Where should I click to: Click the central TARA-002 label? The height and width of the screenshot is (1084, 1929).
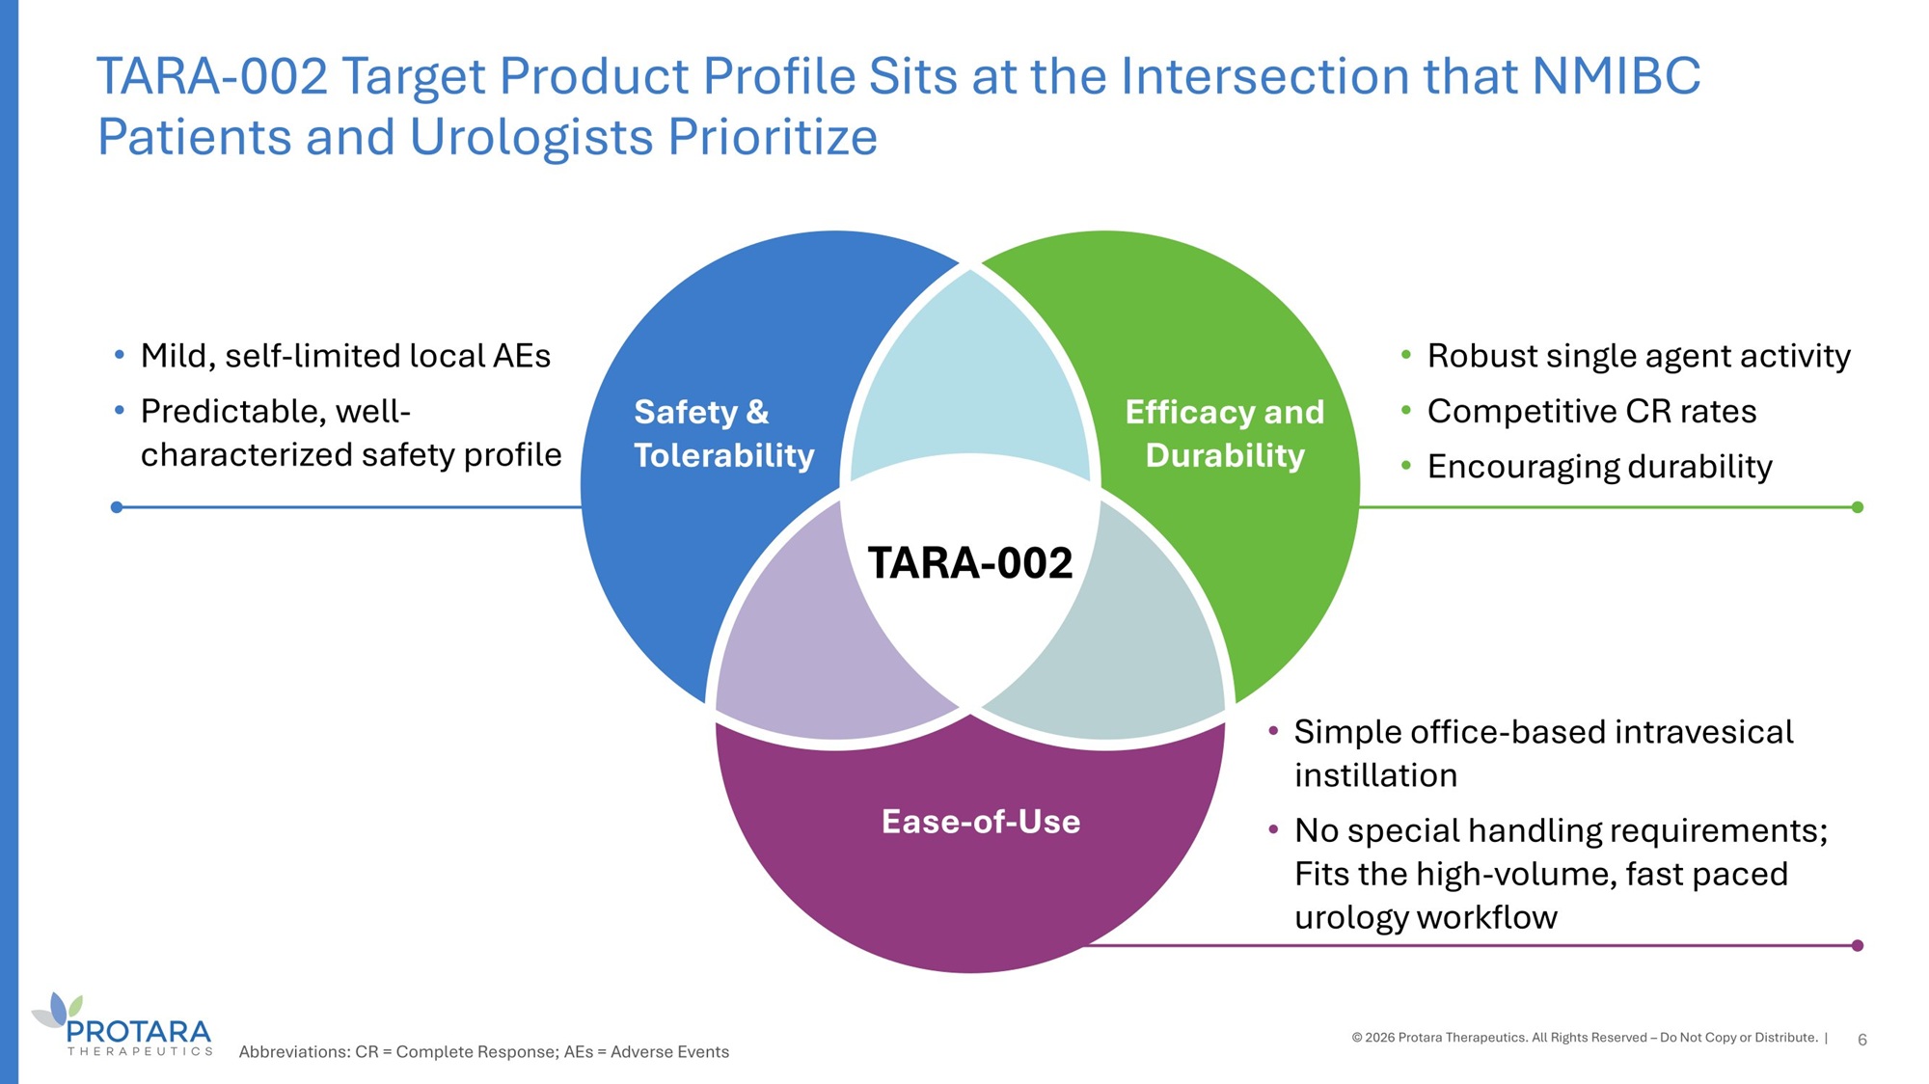click(x=970, y=563)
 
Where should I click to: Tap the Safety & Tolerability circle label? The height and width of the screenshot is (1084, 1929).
click(x=724, y=433)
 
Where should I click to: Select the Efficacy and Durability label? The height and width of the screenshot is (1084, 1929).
click(x=1225, y=433)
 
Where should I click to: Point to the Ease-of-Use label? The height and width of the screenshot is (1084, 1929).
click(x=981, y=822)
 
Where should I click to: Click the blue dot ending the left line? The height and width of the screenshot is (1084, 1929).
click(x=117, y=507)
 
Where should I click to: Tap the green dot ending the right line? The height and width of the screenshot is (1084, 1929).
click(x=1858, y=507)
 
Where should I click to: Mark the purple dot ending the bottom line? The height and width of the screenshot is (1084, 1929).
click(x=1858, y=946)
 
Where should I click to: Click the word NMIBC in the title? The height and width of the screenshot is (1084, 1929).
click(x=1617, y=76)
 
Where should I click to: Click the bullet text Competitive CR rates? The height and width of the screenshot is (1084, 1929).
click(x=1591, y=412)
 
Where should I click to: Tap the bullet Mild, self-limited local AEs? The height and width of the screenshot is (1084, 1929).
click(x=345, y=357)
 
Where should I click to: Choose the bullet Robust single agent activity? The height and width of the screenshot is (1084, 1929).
click(x=1639, y=357)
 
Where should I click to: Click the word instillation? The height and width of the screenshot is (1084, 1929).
click(x=1375, y=775)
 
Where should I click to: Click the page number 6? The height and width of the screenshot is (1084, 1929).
click(x=1862, y=1040)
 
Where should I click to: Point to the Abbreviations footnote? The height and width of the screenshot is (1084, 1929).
click(x=484, y=1052)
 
